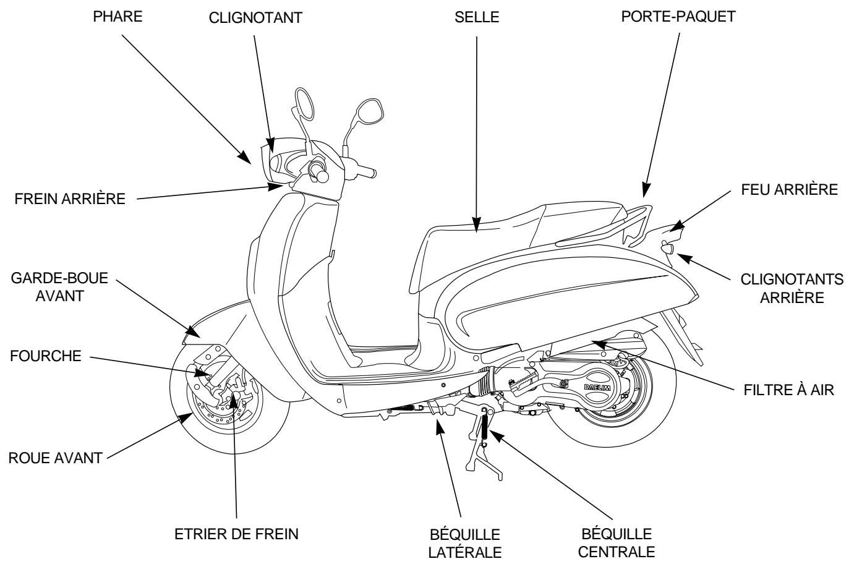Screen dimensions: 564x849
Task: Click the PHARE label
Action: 117,17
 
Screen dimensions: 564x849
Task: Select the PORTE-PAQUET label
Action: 678,17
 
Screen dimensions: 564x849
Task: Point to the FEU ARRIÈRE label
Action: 790,190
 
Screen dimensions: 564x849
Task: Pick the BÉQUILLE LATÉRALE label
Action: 464,542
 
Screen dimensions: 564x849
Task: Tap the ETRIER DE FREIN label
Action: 236,534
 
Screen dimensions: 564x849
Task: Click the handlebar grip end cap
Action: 322,176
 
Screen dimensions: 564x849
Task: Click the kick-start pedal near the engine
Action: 520,384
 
